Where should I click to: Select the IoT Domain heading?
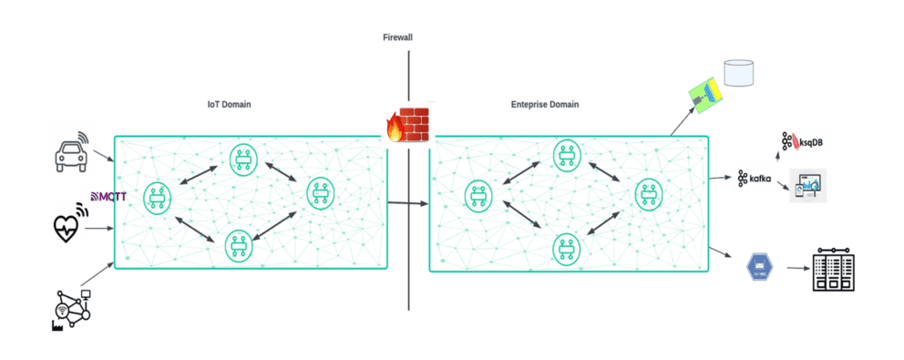[230, 105]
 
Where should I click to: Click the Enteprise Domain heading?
[544, 105]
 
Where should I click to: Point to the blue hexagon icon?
[758, 265]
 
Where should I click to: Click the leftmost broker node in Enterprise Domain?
[478, 194]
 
